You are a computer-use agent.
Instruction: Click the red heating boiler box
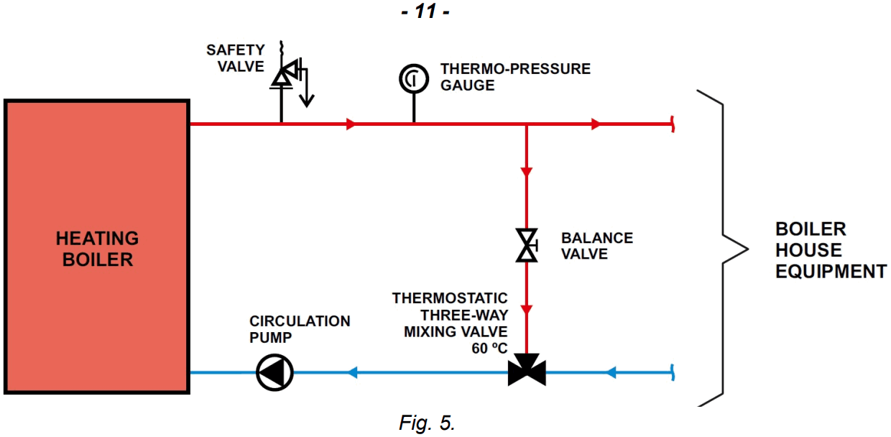pos(97,247)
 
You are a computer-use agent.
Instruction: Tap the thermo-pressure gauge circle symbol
pos(414,78)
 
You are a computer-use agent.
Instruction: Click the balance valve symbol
pos(527,245)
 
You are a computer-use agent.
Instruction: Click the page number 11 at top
pos(426,11)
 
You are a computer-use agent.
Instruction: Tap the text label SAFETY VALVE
pos(236,57)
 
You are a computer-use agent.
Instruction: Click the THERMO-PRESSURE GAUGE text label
pos(515,77)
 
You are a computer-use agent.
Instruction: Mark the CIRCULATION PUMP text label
pos(300,328)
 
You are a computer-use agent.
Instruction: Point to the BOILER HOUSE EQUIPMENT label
pos(830,250)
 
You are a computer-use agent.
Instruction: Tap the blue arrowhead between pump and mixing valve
pos(352,372)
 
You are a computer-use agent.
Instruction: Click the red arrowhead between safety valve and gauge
pos(351,124)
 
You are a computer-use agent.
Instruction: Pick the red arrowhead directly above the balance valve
pos(527,172)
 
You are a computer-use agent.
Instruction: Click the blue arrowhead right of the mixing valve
pos(611,372)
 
